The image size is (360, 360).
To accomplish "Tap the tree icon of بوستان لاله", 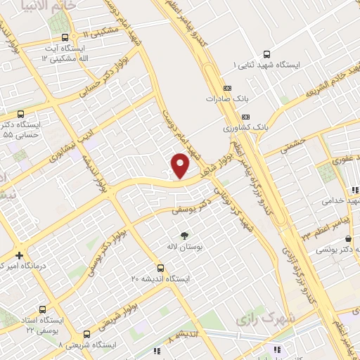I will click(x=185, y=236).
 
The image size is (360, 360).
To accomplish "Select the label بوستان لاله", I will click(x=185, y=248).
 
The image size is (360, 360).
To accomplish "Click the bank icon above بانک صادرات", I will click(x=226, y=88).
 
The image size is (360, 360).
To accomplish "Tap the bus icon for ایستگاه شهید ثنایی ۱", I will click(x=266, y=53).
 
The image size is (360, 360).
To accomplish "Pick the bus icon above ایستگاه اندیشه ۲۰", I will click(x=161, y=267).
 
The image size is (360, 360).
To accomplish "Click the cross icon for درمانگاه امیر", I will click(x=19, y=255).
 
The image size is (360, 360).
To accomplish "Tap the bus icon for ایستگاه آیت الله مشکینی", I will click(x=65, y=38).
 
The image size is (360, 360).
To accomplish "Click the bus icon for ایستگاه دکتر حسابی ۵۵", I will click(x=19, y=112).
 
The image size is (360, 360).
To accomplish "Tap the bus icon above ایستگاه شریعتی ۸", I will click(x=86, y=334).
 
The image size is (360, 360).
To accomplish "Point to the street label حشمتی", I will click(x=290, y=145).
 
